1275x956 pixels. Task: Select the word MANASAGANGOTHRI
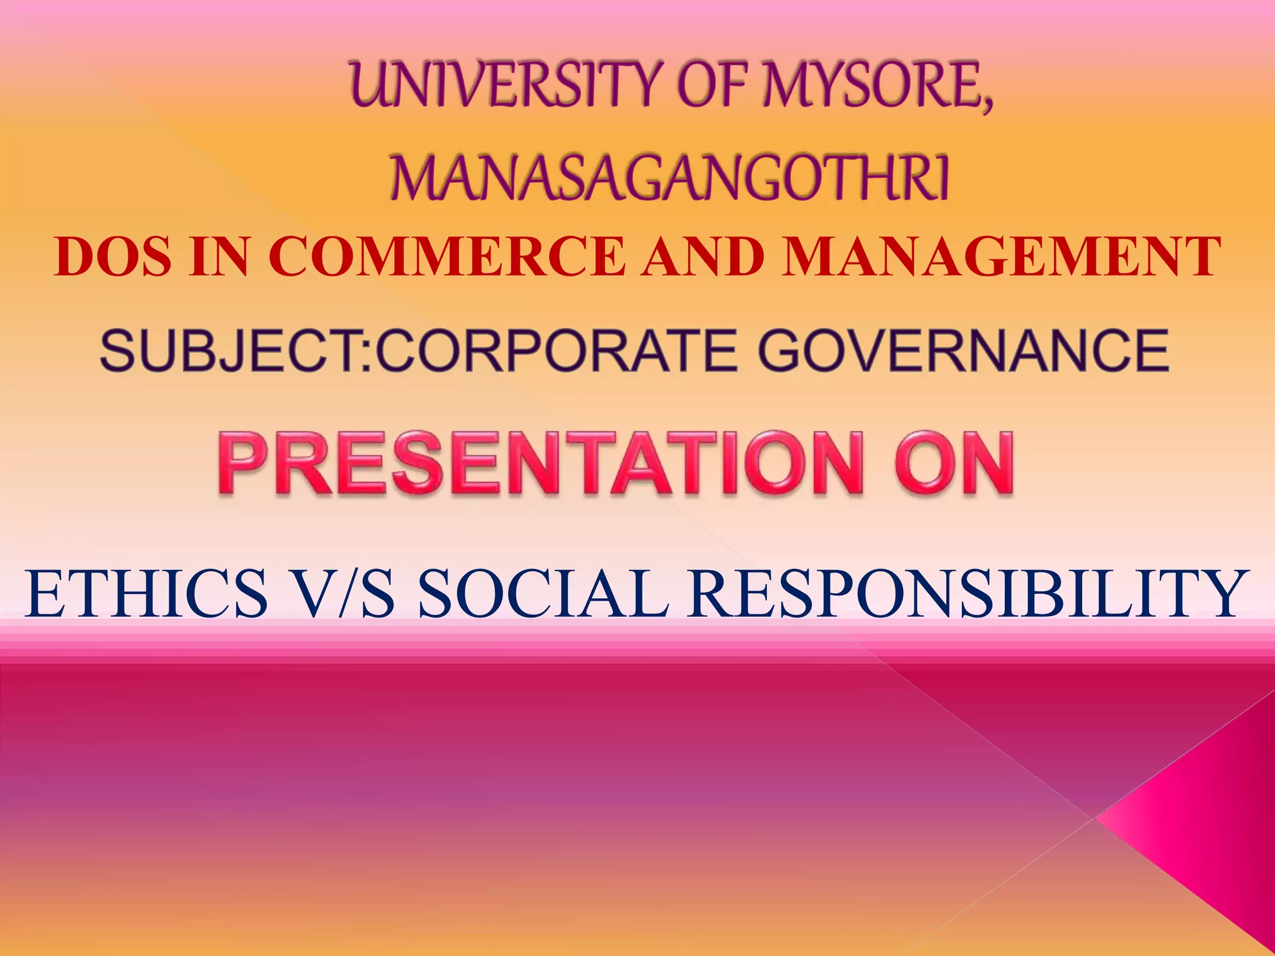tap(669, 179)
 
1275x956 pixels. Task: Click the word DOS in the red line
tap(112, 256)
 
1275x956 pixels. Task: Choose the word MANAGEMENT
tap(1001, 256)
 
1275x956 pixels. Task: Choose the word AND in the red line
tap(703, 256)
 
